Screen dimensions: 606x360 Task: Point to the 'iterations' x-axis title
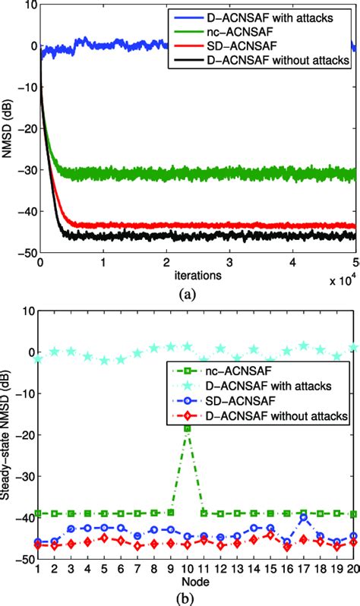pos(195,276)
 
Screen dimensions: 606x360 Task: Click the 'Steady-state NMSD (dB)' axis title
pos(8,434)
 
